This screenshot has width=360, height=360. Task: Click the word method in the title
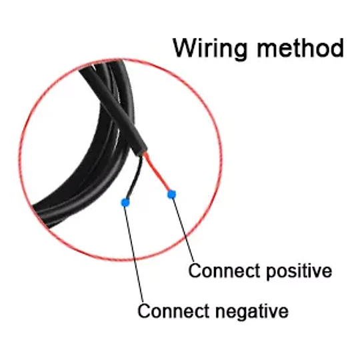click(301, 48)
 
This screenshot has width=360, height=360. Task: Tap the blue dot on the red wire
click(171, 195)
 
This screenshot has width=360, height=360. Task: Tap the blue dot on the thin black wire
click(125, 203)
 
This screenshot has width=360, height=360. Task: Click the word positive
click(299, 271)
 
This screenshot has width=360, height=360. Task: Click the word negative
click(252, 311)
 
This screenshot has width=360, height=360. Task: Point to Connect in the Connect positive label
click(224, 270)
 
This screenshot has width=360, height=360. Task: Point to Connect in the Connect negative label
click(173, 311)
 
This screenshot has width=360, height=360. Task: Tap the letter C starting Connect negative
click(144, 311)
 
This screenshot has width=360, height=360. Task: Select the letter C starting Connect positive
click(195, 270)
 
